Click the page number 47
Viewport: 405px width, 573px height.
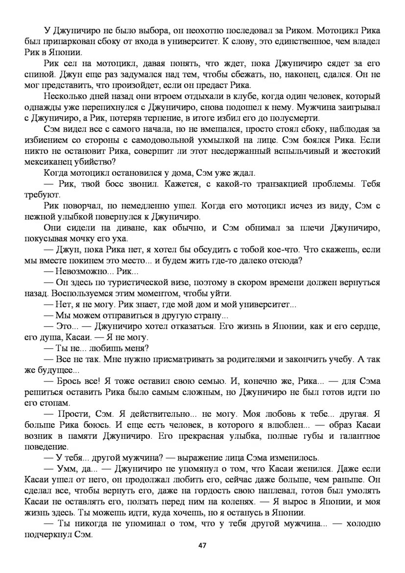tap(202, 545)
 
